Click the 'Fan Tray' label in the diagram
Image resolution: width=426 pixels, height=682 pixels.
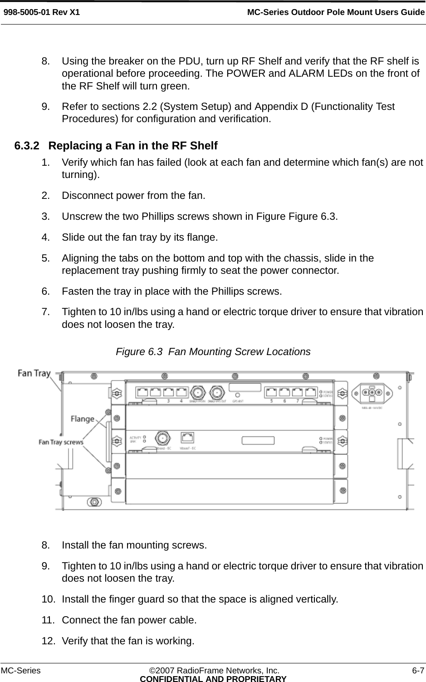click(x=34, y=373)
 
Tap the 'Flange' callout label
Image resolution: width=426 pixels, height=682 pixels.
click(x=82, y=419)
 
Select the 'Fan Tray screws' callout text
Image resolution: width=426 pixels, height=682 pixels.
click(x=61, y=441)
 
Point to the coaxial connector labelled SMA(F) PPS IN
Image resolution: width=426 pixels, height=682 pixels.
click(x=198, y=392)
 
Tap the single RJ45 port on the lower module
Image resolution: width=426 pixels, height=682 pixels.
click(x=187, y=437)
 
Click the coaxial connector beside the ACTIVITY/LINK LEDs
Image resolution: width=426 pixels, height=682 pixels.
click(x=161, y=438)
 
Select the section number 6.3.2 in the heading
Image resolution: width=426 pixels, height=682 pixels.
click(x=27, y=146)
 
